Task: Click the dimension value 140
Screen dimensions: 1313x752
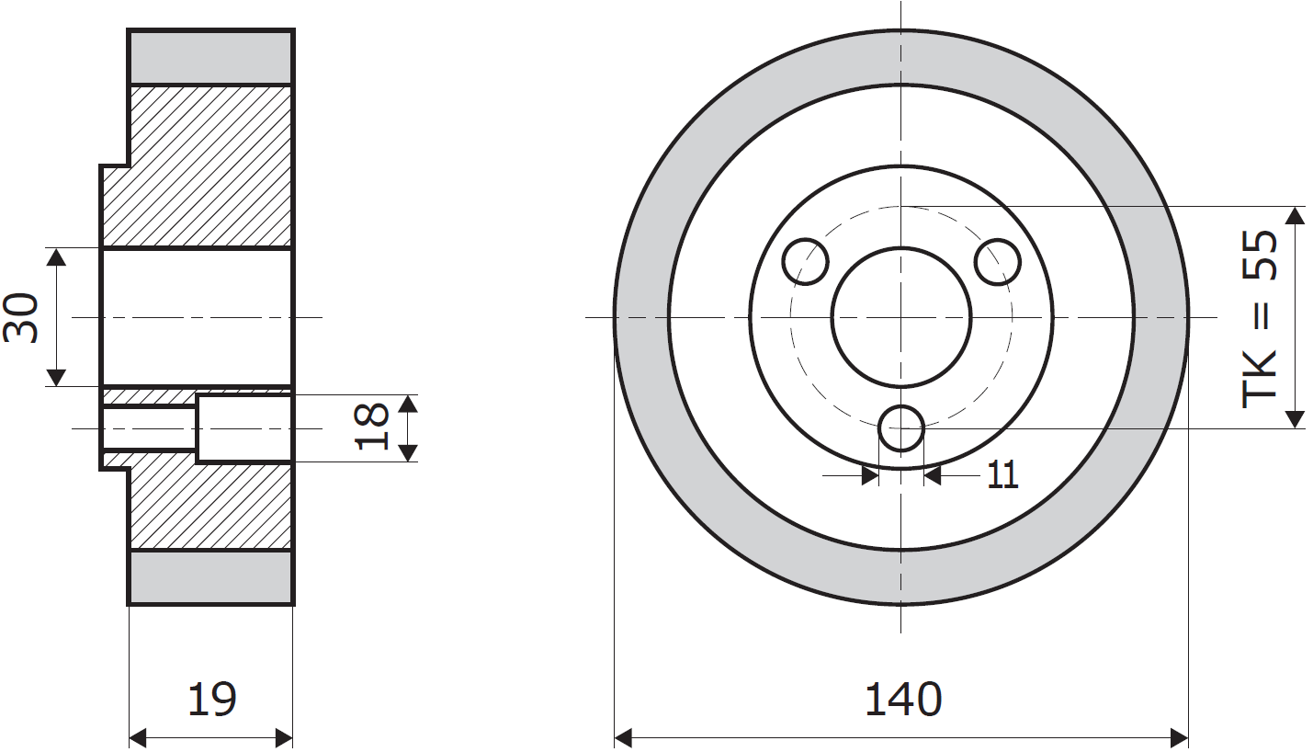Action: [902, 700]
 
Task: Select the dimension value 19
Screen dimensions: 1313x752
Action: [211, 700]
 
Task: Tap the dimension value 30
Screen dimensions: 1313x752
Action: [21, 317]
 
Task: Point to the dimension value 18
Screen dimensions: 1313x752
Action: [371, 427]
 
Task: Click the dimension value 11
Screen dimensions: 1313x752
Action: [1003, 474]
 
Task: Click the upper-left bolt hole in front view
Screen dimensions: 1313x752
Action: [806, 262]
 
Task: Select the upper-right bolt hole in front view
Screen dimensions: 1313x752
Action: [998, 262]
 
